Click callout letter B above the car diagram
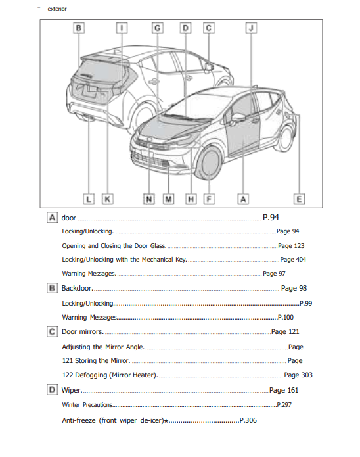pos(78,28)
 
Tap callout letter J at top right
pos(251,28)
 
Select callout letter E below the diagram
pos(299,198)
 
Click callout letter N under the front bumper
pos(149,198)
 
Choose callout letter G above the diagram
pos(158,28)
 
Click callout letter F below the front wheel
pos(209,198)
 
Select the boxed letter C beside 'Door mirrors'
pos(52,332)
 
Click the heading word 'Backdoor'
pos(77,288)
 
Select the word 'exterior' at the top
pos(57,9)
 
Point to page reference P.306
pos(248,420)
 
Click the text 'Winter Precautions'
pos(87,404)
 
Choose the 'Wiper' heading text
pos(71,390)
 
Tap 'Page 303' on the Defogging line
pos(298,375)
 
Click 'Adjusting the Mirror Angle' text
pos(102,347)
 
